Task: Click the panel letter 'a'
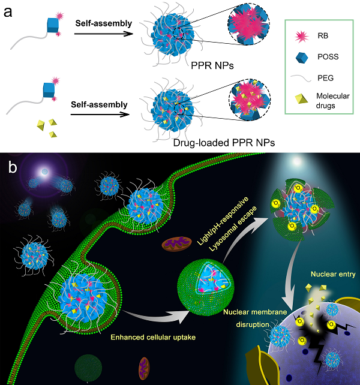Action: point(8,12)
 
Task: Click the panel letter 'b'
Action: point(13,167)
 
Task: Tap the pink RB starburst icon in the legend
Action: point(302,37)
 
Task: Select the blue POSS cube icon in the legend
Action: point(302,58)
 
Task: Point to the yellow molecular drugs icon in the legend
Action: point(301,99)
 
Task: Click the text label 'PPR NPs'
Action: point(212,65)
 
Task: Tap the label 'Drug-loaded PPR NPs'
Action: point(224,143)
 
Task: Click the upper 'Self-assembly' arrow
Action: point(103,34)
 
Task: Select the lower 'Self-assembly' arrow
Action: point(100,115)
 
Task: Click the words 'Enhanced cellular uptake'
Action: point(153,337)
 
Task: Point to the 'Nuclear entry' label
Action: point(333,274)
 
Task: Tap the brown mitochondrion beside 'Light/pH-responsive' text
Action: point(176,243)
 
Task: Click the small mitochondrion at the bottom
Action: point(144,368)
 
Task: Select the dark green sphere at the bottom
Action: point(88,368)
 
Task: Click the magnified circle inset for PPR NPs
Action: point(248,25)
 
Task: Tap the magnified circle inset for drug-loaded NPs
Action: point(250,100)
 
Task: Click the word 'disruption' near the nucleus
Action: point(253,324)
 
